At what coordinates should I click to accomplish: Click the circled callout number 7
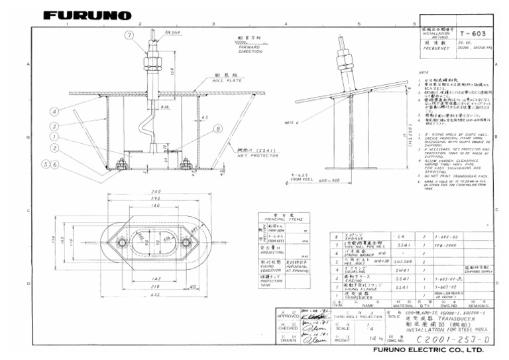129,34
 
